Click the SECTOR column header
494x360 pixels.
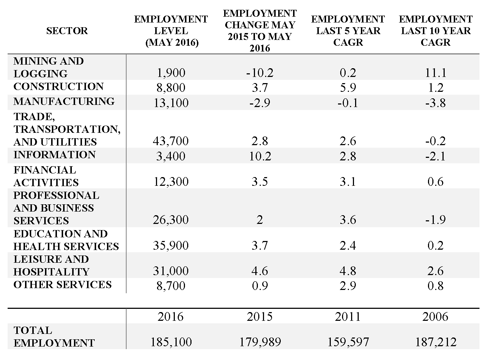point(67,31)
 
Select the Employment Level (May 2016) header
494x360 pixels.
point(171,31)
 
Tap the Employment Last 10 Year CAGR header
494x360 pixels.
point(436,31)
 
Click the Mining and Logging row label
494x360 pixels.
point(49,67)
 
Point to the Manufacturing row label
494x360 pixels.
point(64,101)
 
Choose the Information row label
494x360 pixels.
point(55,155)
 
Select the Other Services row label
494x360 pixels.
point(63,285)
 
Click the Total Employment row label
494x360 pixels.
point(54,337)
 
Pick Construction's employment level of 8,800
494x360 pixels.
point(171,87)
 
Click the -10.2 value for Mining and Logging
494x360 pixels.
point(260,73)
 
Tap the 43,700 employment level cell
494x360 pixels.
point(171,141)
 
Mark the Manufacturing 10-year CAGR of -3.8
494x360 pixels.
point(436,103)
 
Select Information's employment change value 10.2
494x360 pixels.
point(260,156)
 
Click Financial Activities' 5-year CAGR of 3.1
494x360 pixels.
point(348,182)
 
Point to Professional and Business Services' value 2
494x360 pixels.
point(260,220)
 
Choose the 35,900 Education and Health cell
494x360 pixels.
point(171,245)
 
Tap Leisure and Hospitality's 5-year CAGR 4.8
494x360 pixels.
point(348,271)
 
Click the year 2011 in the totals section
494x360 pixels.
point(348,316)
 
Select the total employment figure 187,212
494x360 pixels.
point(436,342)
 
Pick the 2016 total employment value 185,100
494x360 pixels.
point(171,342)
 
